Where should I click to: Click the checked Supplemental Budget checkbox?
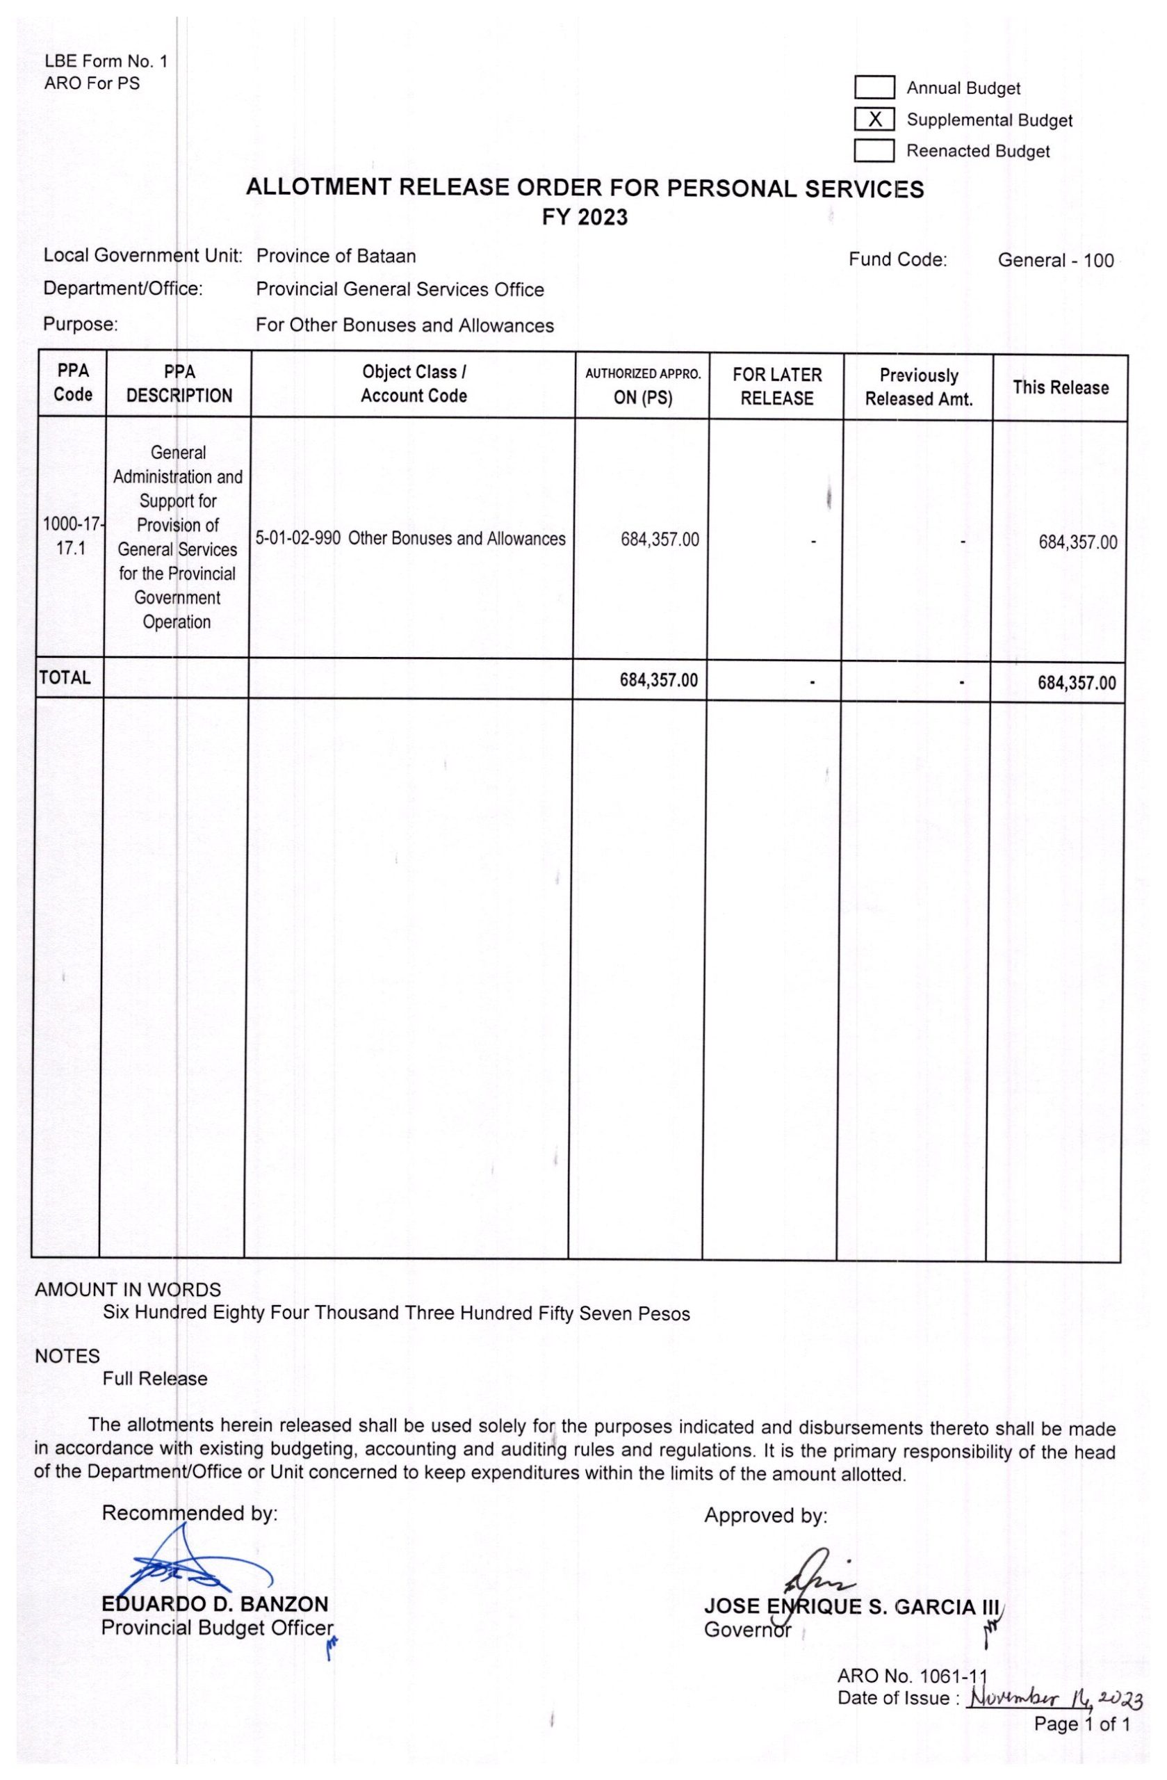pyautogui.click(x=874, y=119)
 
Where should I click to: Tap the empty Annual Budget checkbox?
pyautogui.click(x=874, y=88)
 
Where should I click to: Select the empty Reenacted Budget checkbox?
pyautogui.click(x=874, y=150)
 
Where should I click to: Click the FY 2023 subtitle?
pyautogui.click(x=585, y=218)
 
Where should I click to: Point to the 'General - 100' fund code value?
pyautogui.click(x=1055, y=260)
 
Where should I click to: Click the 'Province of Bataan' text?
pyautogui.click(x=336, y=256)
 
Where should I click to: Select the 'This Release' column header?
pyautogui.click(x=1060, y=387)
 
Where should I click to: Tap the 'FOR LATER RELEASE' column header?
pyautogui.click(x=777, y=387)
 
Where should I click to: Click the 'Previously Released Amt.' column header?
pyautogui.click(x=919, y=387)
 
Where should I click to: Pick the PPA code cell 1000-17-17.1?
pyautogui.click(x=72, y=536)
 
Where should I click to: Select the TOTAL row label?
pyautogui.click(x=65, y=678)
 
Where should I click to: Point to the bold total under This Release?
pyautogui.click(x=1076, y=683)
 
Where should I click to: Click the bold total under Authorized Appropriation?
pyautogui.click(x=659, y=680)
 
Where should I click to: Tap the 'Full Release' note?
pyautogui.click(x=155, y=1378)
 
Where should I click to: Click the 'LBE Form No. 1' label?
pyautogui.click(x=106, y=61)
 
